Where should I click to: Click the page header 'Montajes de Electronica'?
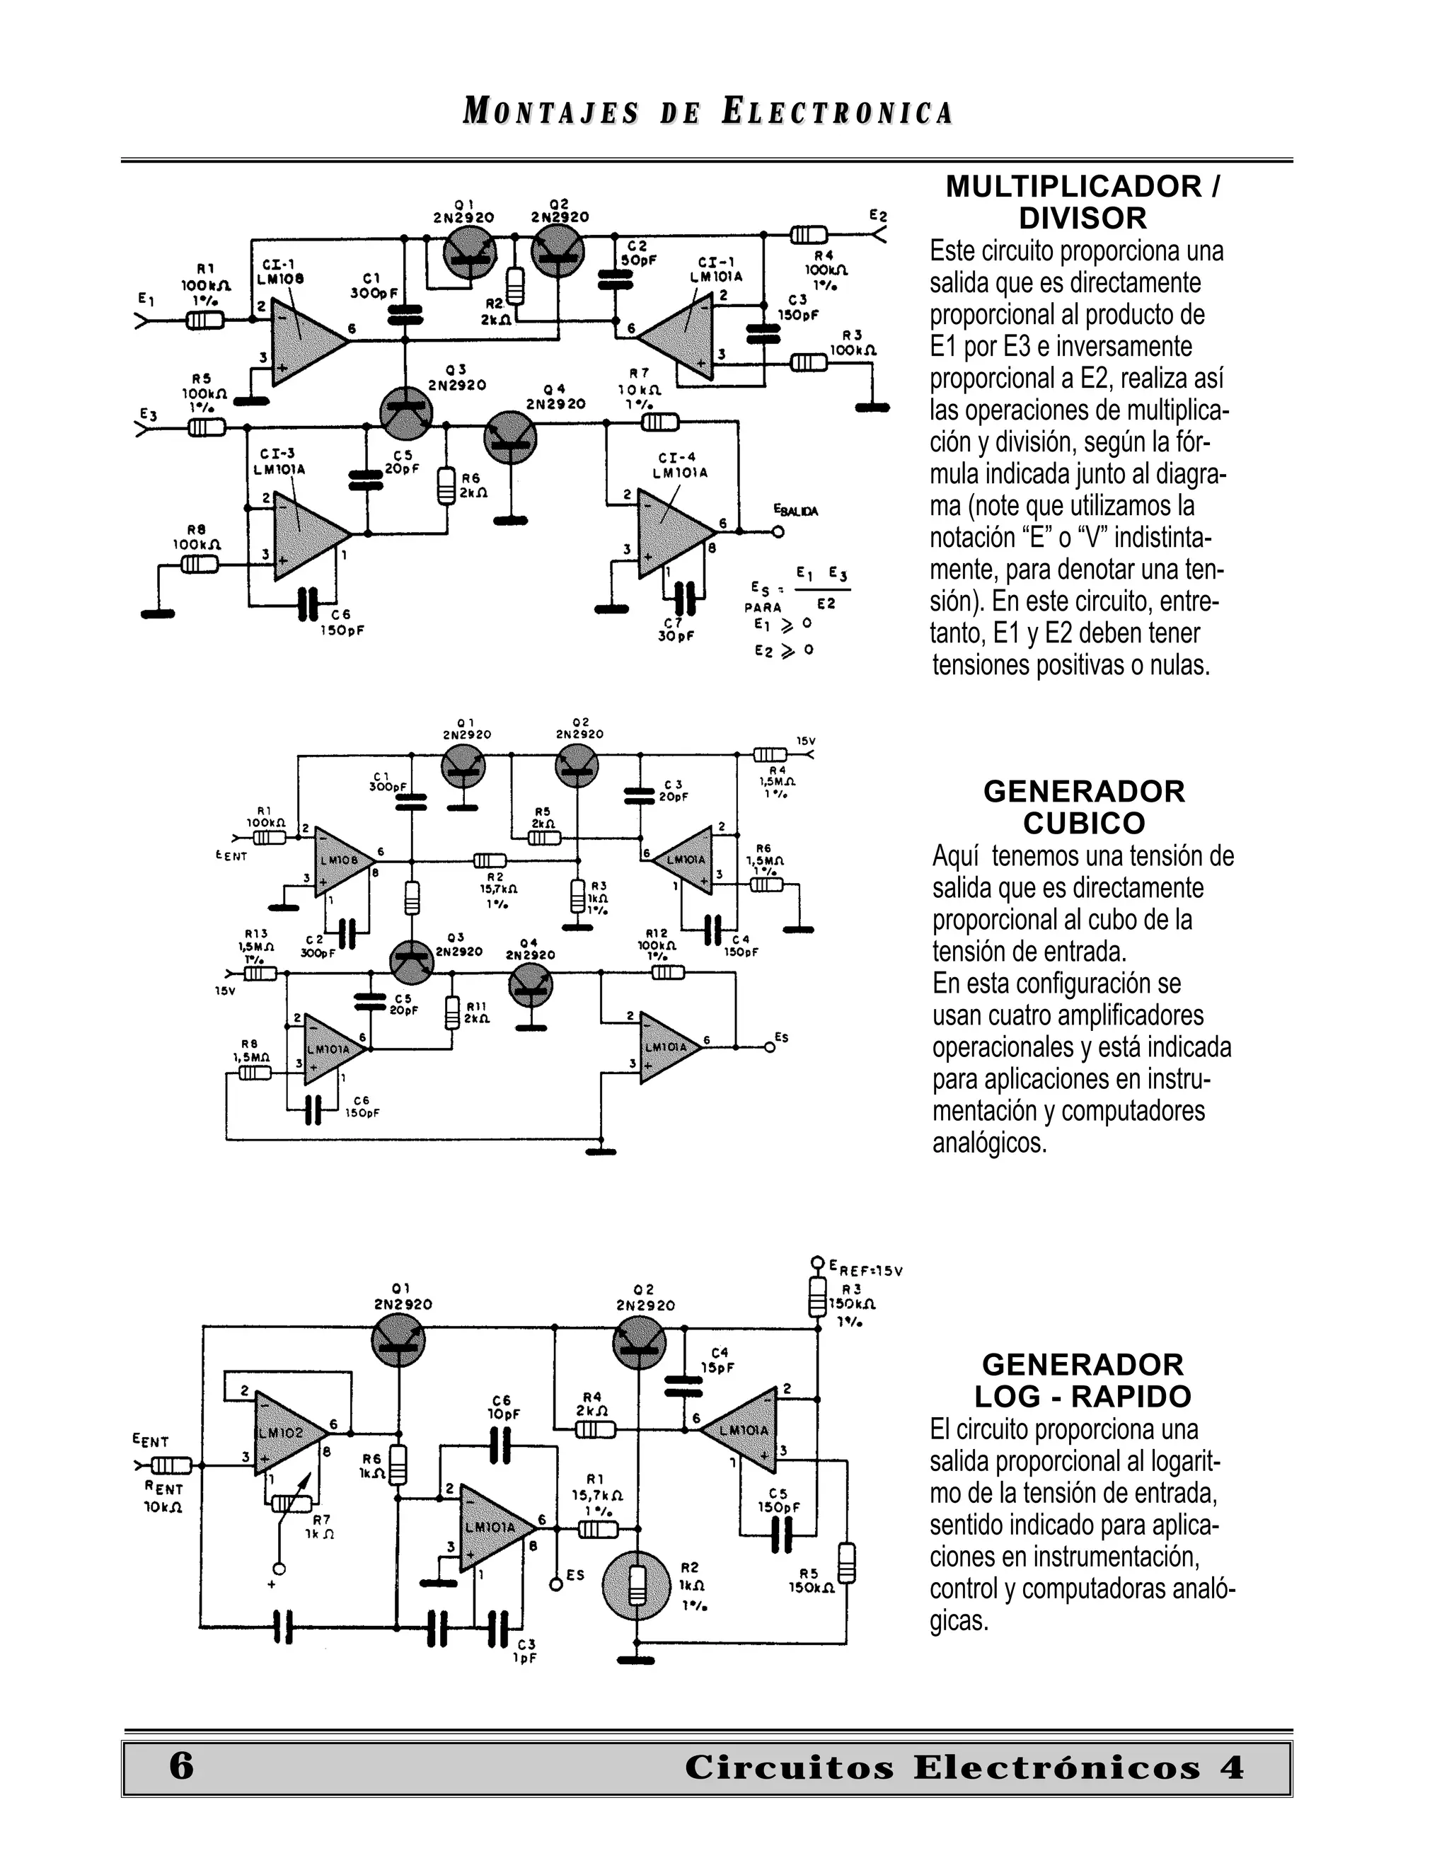pos(708,112)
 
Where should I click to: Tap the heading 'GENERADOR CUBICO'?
pos(1083,807)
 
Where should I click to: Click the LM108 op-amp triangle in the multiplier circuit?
pos(306,340)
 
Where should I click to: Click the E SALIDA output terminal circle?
pos(778,532)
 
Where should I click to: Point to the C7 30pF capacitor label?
pos(676,628)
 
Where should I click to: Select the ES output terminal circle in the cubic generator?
pos(769,1046)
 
